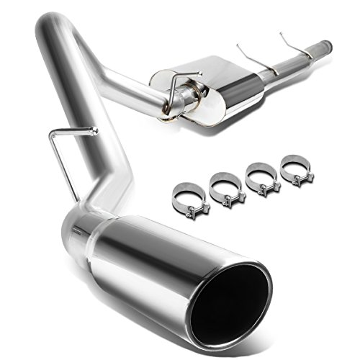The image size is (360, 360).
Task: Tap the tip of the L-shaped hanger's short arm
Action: click(x=94, y=130)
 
